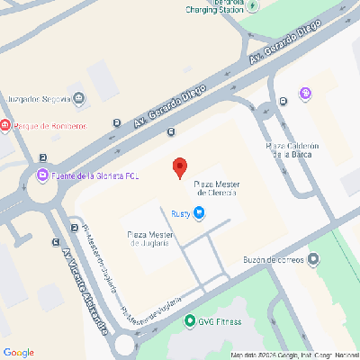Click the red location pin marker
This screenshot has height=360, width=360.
tap(179, 166)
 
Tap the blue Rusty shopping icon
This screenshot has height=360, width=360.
tap(200, 213)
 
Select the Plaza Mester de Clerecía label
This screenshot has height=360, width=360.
tap(216, 187)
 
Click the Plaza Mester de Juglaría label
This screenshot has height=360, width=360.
tap(150, 238)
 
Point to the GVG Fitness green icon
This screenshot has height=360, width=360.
tap(189, 320)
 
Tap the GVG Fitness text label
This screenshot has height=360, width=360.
tap(220, 321)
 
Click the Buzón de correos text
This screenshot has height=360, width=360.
tap(272, 260)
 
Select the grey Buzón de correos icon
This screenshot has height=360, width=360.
tap(313, 260)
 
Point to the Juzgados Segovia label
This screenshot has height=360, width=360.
tap(38, 98)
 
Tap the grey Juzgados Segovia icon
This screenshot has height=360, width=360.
tap(80, 98)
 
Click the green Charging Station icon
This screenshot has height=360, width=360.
tap(253, 6)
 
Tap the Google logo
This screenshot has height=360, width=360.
tap(19, 352)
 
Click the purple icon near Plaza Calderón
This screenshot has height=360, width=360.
tap(305, 92)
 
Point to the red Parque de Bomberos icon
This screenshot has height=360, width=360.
tap(4, 125)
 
